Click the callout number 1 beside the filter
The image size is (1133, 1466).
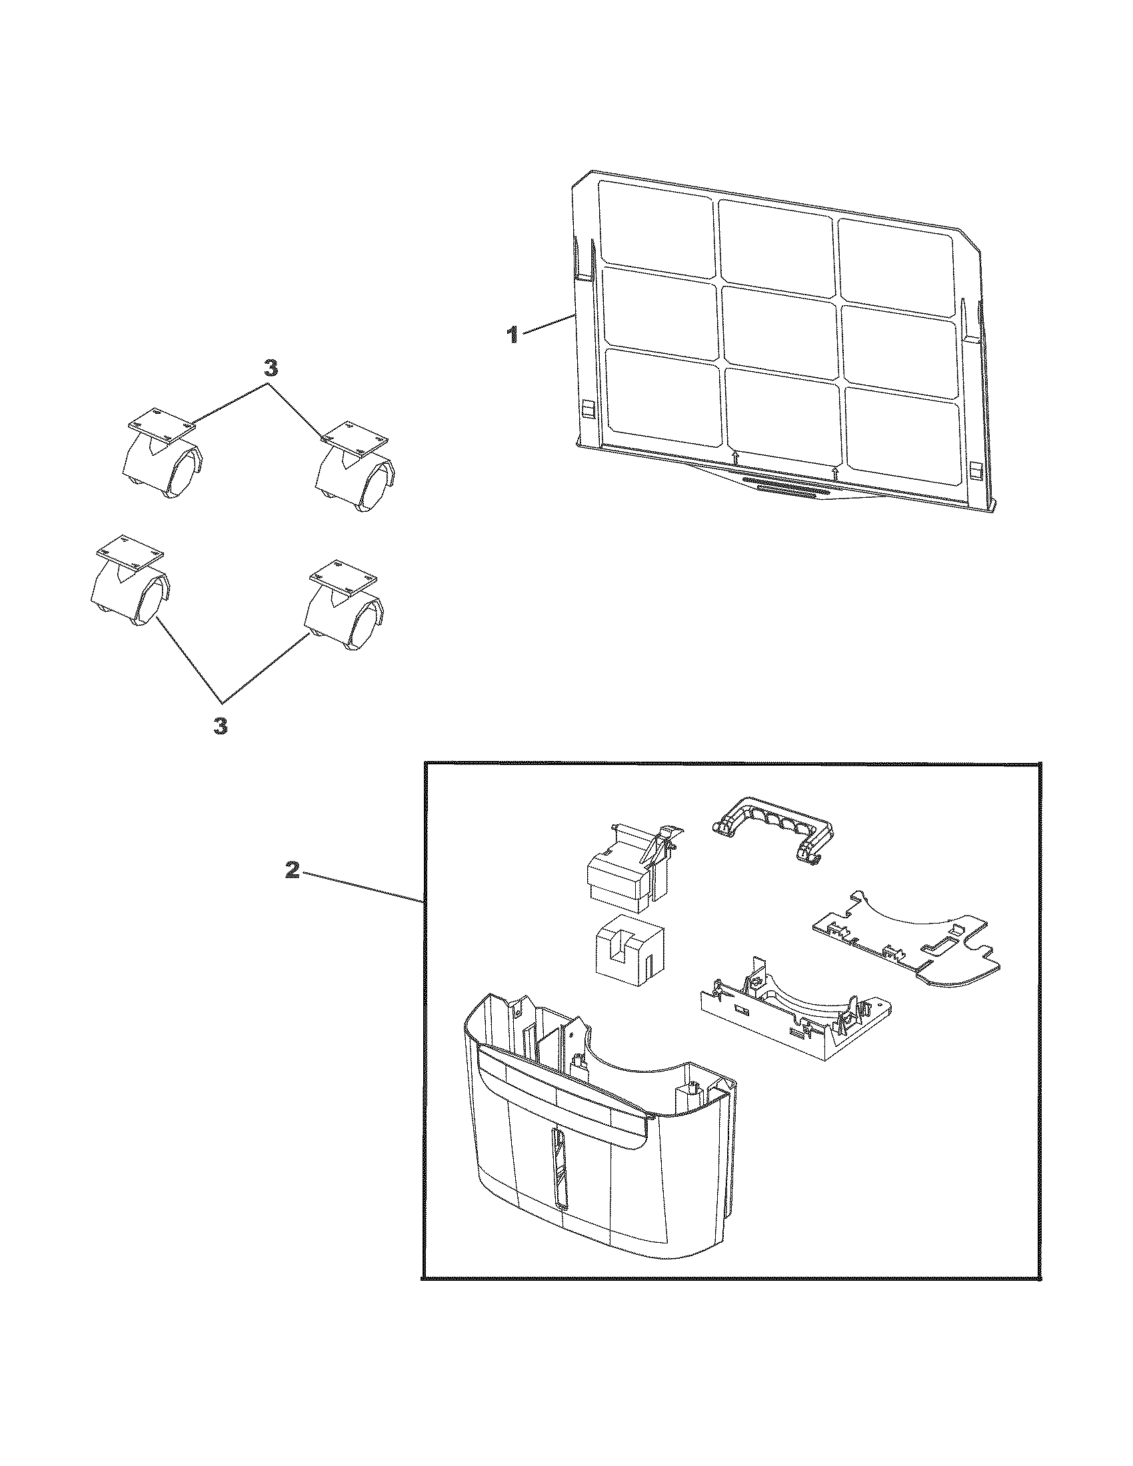(x=513, y=335)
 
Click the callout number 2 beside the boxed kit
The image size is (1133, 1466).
(x=291, y=871)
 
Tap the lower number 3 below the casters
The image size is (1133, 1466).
(x=220, y=726)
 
